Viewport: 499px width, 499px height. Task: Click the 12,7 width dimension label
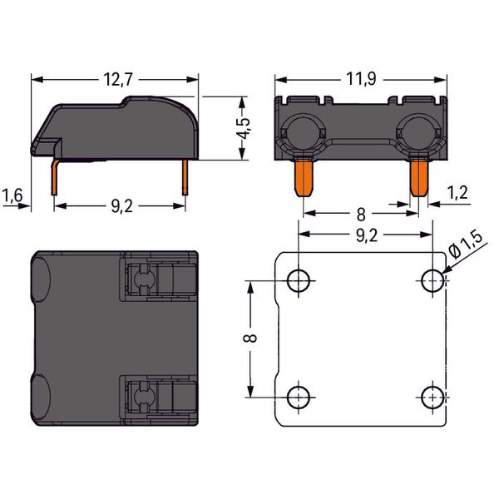(118, 80)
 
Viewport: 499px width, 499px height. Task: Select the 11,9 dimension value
(361, 79)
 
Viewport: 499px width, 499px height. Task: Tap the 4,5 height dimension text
(245, 128)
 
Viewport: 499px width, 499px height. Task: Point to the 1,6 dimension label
(12, 195)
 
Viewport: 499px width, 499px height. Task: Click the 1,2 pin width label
(457, 193)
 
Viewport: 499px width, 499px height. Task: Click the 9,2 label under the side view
(122, 206)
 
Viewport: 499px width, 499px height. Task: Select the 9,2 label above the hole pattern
(367, 235)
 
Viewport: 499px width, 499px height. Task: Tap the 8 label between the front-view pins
(361, 215)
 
